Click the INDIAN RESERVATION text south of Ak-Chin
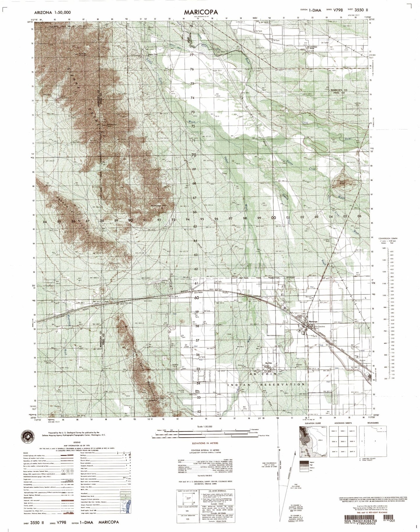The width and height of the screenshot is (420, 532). (x=267, y=384)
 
